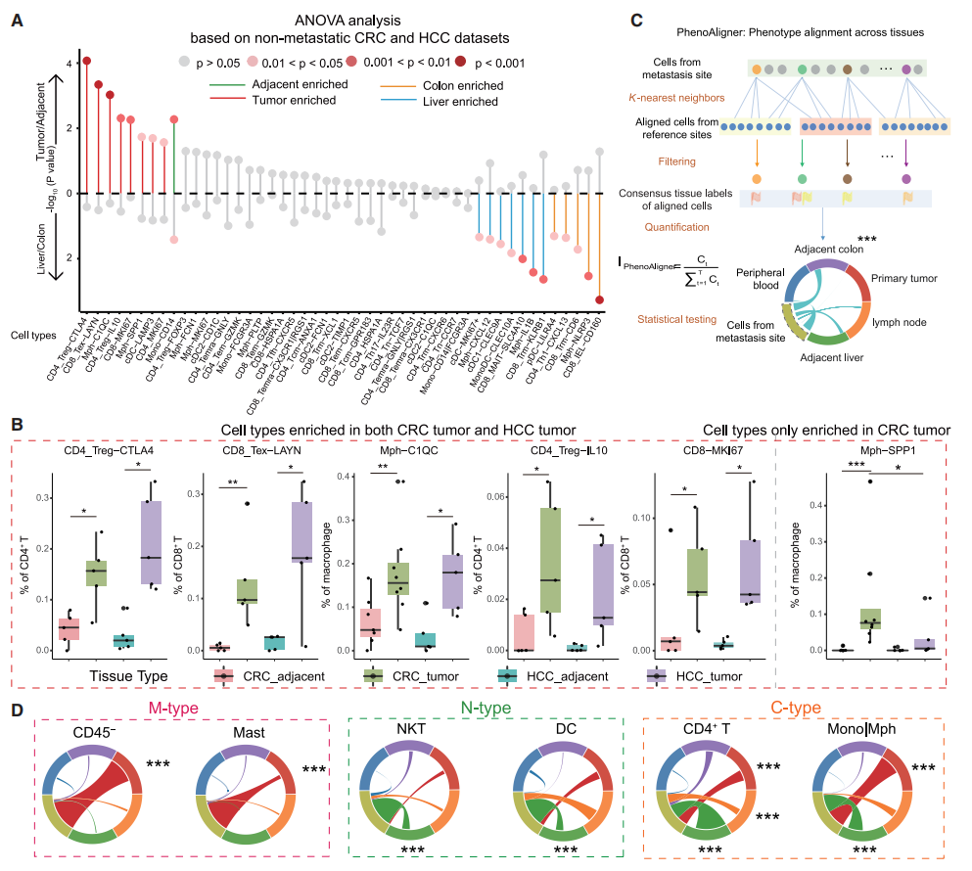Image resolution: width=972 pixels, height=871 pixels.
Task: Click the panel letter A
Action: (x=17, y=19)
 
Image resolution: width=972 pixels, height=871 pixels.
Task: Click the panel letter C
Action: (x=636, y=19)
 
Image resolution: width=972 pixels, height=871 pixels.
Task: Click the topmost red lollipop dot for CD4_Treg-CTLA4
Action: (x=86, y=61)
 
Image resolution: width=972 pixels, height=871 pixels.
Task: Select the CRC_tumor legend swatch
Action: (x=372, y=676)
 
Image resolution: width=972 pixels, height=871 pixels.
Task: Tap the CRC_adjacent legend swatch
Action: (x=224, y=676)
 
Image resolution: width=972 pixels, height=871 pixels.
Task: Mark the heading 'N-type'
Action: (x=486, y=707)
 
